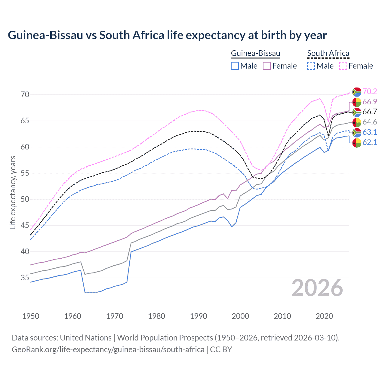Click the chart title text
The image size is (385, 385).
[x=167, y=35]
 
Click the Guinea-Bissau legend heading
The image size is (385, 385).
[x=255, y=53]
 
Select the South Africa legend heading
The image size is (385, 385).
[x=328, y=53]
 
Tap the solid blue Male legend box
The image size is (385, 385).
[x=235, y=66]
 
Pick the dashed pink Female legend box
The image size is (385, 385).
[x=343, y=66]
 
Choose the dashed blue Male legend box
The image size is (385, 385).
[x=311, y=66]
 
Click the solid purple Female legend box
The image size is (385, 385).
[x=267, y=66]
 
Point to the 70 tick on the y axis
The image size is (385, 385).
[x=25, y=94]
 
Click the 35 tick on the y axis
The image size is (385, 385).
[x=25, y=278]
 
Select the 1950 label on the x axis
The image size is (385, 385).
[x=31, y=316]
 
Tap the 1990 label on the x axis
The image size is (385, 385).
[x=199, y=316]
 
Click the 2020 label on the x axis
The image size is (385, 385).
[x=324, y=316]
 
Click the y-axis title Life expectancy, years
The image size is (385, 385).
[x=13, y=192]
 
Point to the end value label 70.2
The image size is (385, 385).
[x=370, y=91]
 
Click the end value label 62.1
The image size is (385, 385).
[x=370, y=142]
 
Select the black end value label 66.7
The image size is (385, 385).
[x=370, y=112]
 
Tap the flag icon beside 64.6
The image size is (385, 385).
[x=357, y=122]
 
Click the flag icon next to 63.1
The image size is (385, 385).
[x=357, y=132]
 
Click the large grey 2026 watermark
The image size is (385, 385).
[x=317, y=288]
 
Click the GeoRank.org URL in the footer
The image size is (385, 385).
[x=108, y=350]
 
